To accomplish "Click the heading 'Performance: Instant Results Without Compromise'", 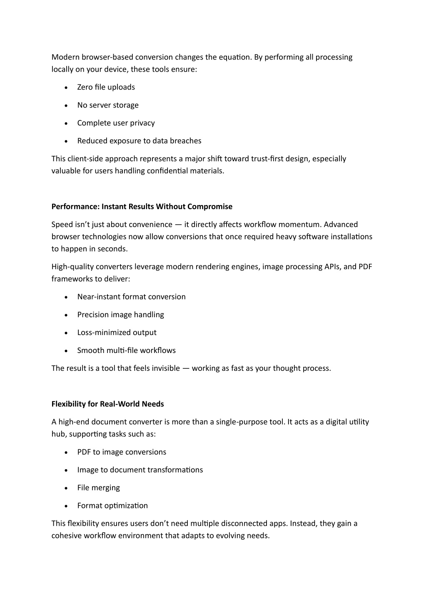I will tap(142, 207).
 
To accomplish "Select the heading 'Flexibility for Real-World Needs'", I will tap(107, 404).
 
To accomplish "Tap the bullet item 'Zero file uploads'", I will tap(106, 87).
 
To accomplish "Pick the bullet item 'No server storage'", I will tap(107, 105).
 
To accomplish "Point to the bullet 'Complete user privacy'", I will tap(116, 123).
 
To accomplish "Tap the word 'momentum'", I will tap(299, 225).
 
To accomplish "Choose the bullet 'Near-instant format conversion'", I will tap(131, 297).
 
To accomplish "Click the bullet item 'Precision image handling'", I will tap(120, 315).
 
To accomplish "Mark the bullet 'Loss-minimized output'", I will tap(117, 333).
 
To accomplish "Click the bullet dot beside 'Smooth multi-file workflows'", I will tap(67, 351).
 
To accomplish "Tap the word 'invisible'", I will tap(164, 368).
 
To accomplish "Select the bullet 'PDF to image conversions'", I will tap(122, 452).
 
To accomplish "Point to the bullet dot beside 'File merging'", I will tap(67, 488).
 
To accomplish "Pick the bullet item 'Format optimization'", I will tap(112, 506).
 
